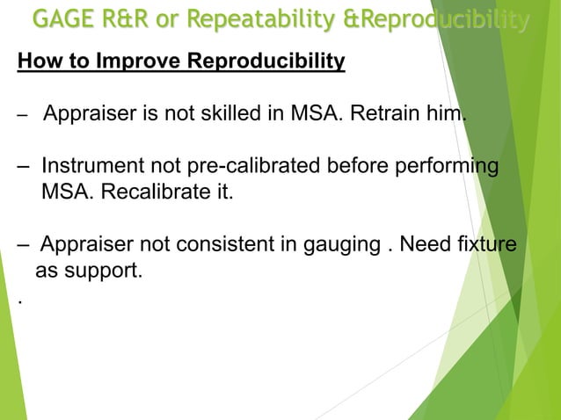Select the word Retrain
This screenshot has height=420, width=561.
386,115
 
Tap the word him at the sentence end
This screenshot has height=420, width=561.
444,115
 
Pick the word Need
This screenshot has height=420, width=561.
426,244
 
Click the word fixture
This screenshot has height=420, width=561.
488,244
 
